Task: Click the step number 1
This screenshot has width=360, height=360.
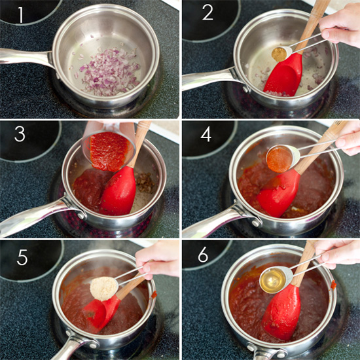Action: [x=21, y=15]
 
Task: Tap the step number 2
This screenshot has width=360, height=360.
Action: [x=207, y=12]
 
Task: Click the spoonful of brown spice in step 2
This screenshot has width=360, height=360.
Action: [x=279, y=54]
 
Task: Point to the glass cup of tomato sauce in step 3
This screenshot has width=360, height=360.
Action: [x=109, y=149]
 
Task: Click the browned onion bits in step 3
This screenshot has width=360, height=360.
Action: [x=145, y=183]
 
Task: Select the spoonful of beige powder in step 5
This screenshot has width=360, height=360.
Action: [x=104, y=289]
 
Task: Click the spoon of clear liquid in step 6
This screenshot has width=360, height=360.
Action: [x=276, y=280]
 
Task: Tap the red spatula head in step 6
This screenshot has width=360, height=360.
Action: [x=281, y=313]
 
